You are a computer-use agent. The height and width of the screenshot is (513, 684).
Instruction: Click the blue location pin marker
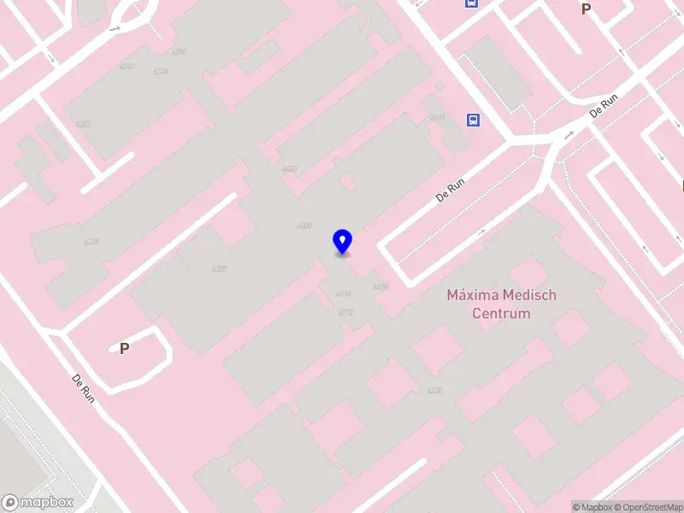[342, 241]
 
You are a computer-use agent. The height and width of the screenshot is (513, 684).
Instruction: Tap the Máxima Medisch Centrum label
[501, 304]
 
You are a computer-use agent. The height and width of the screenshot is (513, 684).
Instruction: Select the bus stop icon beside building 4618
[473, 120]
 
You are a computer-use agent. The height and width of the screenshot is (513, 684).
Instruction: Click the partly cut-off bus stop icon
[472, 3]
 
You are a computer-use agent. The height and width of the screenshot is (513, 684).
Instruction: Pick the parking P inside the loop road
[124, 349]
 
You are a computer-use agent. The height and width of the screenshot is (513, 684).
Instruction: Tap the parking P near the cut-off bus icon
[586, 9]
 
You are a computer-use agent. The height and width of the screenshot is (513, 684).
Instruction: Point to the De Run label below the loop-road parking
[83, 388]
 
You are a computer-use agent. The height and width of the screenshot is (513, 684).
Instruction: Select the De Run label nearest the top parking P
[604, 105]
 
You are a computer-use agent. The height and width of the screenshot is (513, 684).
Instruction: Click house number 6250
[178, 52]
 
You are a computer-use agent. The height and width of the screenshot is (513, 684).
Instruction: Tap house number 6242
[127, 66]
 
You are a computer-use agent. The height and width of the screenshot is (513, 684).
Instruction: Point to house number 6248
[160, 71]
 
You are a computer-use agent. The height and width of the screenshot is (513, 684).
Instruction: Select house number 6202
[83, 124]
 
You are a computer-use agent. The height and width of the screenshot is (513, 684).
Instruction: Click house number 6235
[91, 242]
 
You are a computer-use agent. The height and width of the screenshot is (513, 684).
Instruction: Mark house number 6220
[219, 268]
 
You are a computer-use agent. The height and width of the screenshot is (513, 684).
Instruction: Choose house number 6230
[435, 391]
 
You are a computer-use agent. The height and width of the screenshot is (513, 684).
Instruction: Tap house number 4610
[380, 286]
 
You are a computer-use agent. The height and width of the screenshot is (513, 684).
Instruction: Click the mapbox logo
[38, 503]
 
